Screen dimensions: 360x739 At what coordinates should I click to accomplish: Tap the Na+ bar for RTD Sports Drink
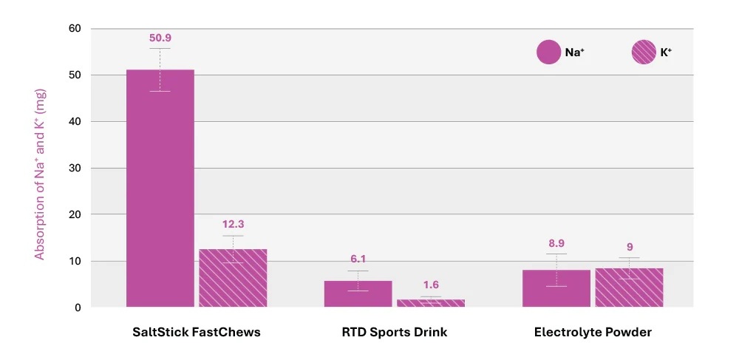coord(358,293)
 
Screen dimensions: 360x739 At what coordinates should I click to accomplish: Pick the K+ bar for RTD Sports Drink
coord(431,302)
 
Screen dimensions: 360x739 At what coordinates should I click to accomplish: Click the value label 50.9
coord(160,38)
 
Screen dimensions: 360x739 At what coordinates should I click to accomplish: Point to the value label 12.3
coord(233,224)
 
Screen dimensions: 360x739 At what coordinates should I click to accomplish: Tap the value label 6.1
coord(358,259)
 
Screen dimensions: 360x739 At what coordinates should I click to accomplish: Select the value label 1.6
coord(431,285)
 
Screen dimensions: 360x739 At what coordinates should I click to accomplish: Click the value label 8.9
coord(556,242)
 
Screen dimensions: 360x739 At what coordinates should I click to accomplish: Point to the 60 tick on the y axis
coord(75,29)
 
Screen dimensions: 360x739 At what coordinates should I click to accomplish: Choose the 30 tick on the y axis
coord(75,168)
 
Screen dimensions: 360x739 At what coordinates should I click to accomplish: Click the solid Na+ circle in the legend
coord(548,52)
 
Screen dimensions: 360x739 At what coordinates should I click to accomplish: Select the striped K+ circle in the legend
coord(643,52)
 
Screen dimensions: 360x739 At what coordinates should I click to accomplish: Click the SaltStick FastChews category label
coord(197,333)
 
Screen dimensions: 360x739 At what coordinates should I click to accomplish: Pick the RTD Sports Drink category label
coord(395,333)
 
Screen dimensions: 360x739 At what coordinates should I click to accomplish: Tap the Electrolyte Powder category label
coord(593,333)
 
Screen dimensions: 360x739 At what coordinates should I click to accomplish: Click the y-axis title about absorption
coord(41,169)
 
